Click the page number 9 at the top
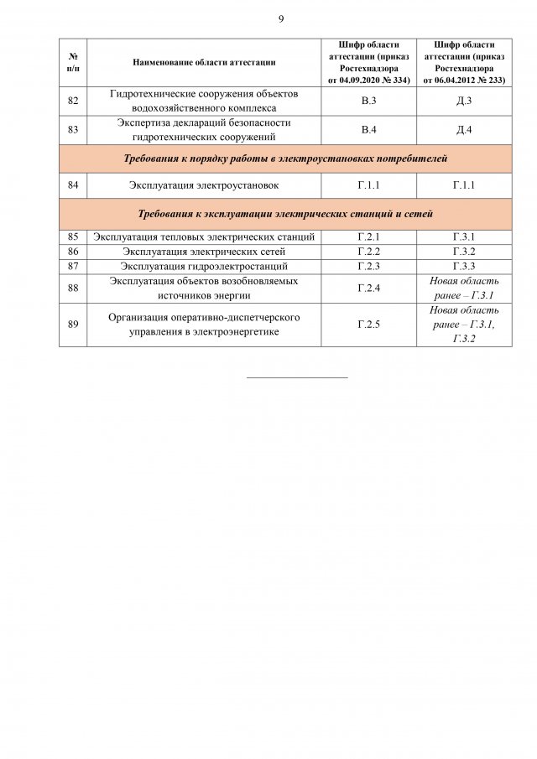click(281, 18)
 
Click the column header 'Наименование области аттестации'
click(204, 62)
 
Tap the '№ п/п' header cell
click(73, 62)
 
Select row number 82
click(73, 101)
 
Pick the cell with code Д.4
click(464, 129)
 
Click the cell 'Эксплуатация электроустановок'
click(204, 185)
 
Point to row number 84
click(73, 185)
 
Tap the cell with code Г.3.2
click(464, 252)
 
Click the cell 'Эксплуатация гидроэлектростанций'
click(204, 266)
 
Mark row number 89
click(73, 324)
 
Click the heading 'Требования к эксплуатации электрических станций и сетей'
click(285, 214)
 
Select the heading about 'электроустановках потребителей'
click(285, 158)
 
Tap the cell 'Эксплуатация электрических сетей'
click(204, 252)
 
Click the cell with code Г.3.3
click(464, 266)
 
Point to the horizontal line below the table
click(297, 377)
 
